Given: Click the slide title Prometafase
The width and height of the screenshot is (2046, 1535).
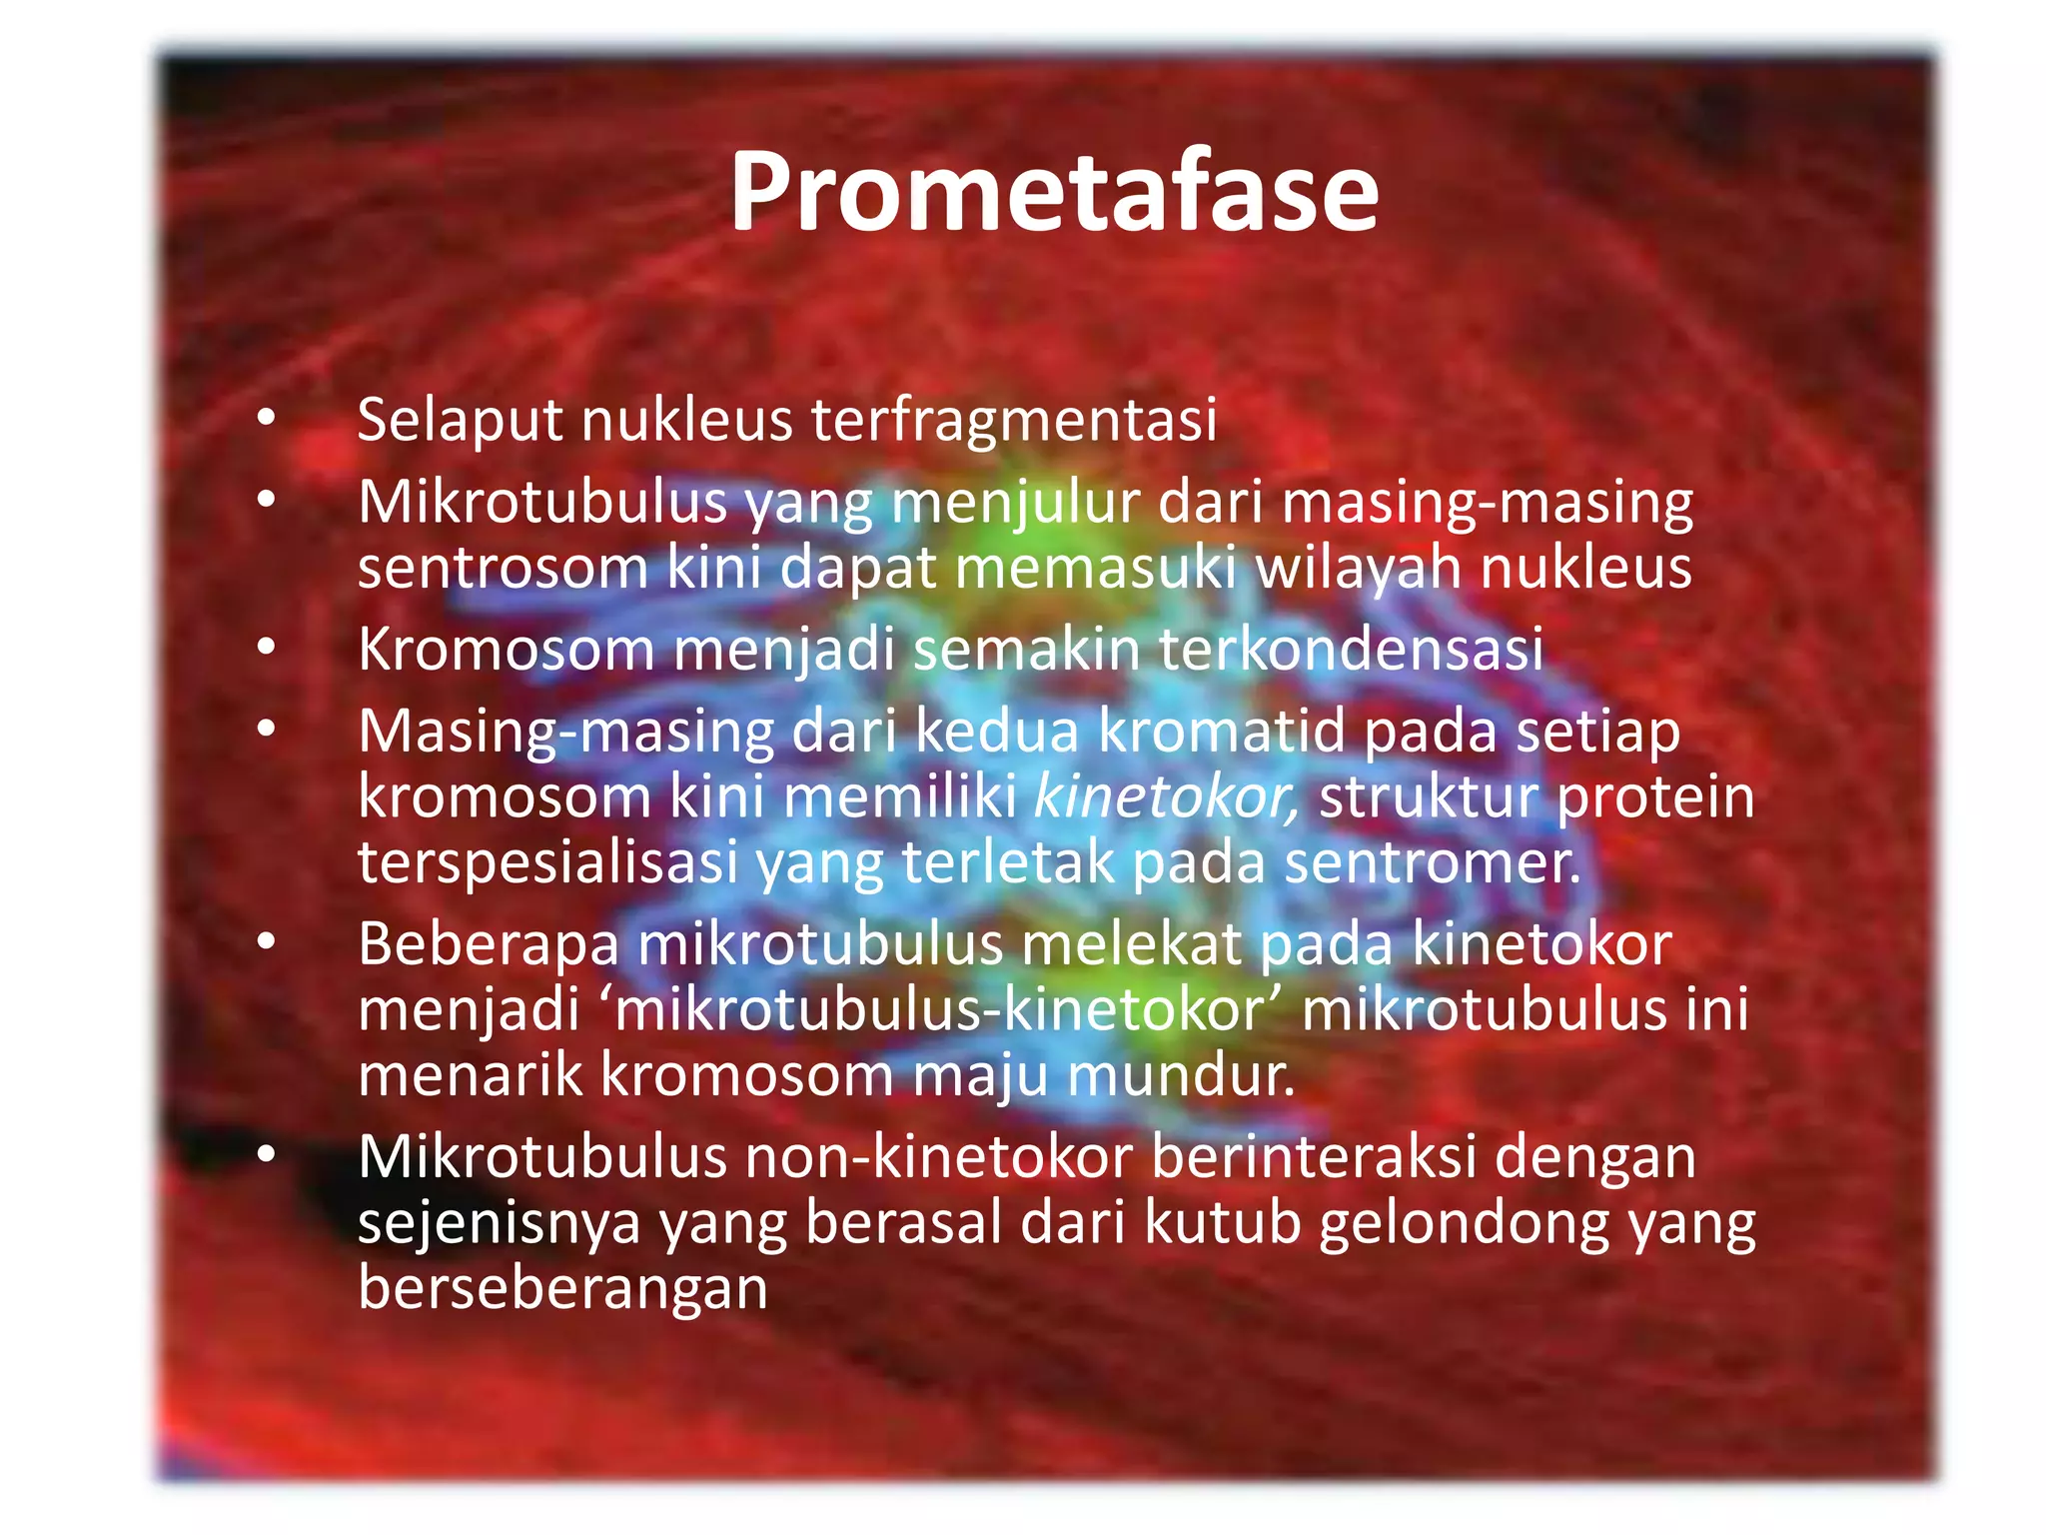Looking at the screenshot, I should [1053, 192].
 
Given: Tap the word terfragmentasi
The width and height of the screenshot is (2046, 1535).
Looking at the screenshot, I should [1013, 420].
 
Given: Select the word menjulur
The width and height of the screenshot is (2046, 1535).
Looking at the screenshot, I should [1015, 503].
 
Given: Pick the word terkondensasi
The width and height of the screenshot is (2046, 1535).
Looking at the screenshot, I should [1351, 650].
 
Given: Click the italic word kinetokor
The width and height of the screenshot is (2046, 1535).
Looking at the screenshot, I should [1165, 797].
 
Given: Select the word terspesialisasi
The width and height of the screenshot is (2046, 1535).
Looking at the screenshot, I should [547, 863].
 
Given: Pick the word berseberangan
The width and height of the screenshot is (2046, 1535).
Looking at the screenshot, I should [562, 1289].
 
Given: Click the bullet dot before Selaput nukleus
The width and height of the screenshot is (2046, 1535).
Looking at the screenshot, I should [266, 418].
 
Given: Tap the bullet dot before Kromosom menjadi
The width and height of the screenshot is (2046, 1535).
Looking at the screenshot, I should [266, 648].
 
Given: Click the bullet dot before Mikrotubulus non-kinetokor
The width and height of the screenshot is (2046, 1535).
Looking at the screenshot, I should [266, 1155].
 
